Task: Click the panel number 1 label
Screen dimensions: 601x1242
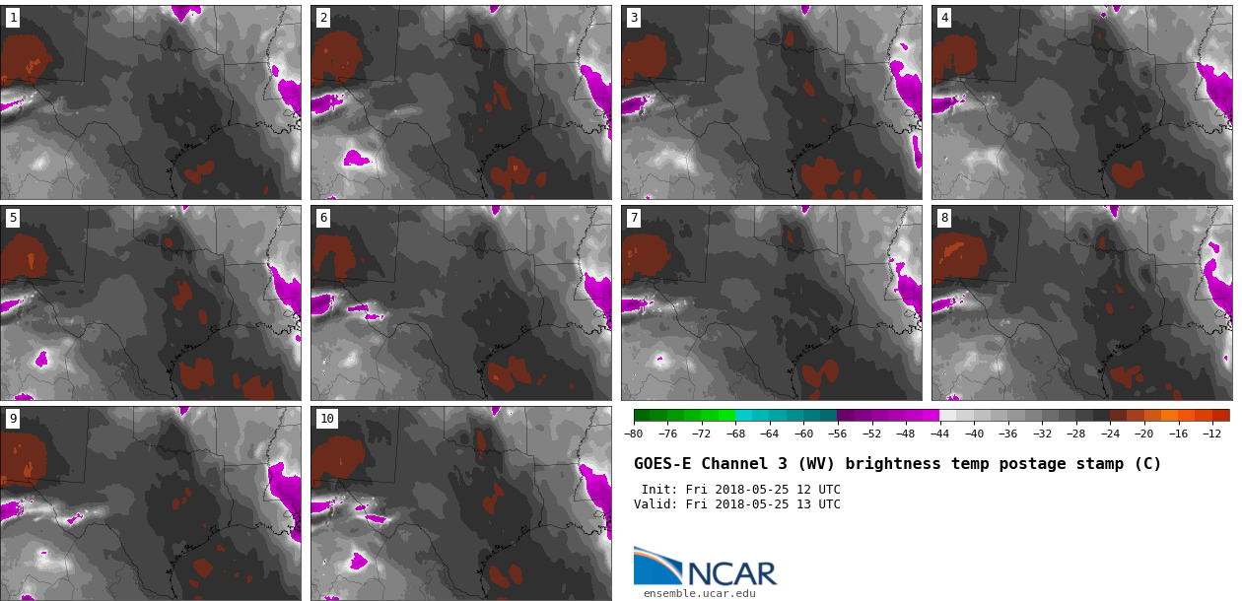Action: click(x=13, y=18)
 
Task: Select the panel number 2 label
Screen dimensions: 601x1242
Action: click(x=323, y=18)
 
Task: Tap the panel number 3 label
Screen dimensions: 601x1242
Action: click(x=634, y=18)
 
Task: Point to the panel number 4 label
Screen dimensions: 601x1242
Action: click(x=944, y=18)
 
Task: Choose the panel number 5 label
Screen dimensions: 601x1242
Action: click(x=13, y=218)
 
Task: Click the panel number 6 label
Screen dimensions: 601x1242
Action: click(x=323, y=218)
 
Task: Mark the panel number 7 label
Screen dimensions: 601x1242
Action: click(x=634, y=218)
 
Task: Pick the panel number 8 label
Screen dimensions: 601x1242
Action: click(x=944, y=218)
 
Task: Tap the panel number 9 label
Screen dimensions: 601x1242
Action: click(x=13, y=419)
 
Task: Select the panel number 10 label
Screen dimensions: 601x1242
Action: click(x=327, y=419)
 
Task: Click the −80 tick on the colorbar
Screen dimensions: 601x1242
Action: click(x=634, y=434)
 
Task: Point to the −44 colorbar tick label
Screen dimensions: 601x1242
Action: click(x=939, y=434)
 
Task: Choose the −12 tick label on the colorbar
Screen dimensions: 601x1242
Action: click(x=1211, y=434)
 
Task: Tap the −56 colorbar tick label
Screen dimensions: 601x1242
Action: click(x=838, y=434)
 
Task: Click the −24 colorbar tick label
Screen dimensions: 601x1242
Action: click(x=1110, y=434)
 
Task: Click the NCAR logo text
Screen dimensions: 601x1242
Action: click(x=732, y=573)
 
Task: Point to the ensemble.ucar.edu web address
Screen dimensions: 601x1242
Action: click(x=699, y=593)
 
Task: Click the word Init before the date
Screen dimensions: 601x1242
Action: click(x=658, y=490)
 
